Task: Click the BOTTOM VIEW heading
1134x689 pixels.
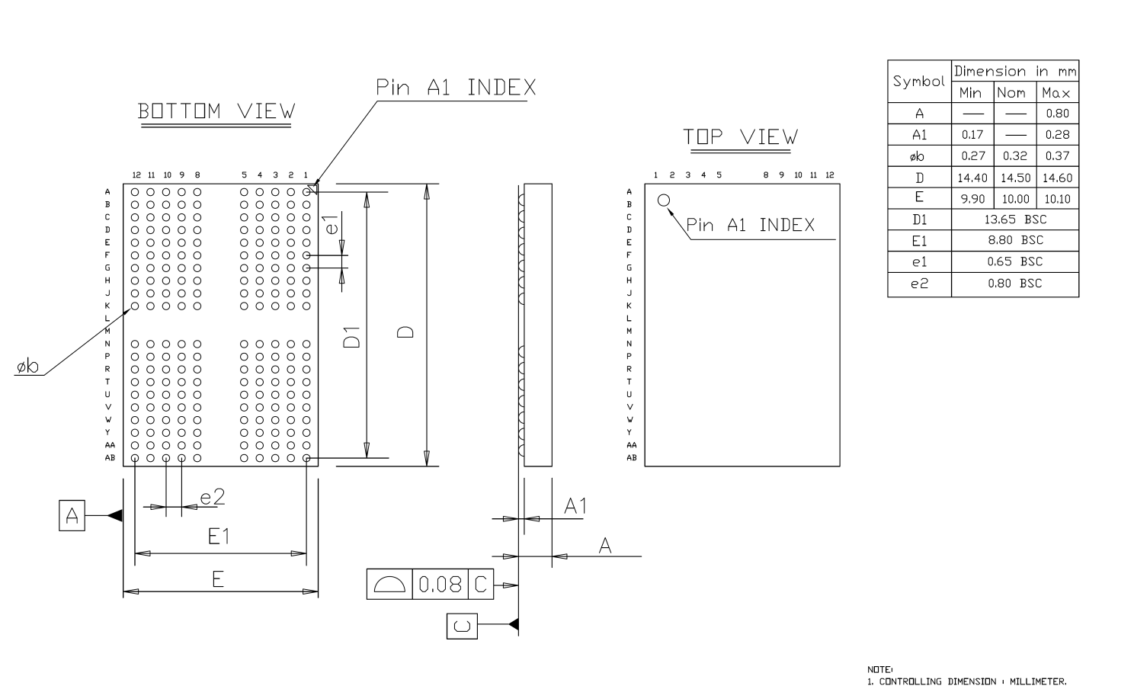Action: click(x=216, y=111)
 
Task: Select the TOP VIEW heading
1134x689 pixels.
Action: click(x=740, y=136)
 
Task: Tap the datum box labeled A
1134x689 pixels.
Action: click(x=72, y=515)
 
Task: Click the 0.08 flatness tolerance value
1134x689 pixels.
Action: click(x=440, y=585)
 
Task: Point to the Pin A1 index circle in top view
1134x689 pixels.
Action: click(x=663, y=200)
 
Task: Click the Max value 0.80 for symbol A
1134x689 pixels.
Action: click(x=1058, y=114)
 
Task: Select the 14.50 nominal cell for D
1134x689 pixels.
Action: click(x=1015, y=178)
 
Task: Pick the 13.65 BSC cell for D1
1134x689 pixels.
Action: click(x=1015, y=220)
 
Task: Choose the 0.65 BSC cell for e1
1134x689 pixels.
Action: click(x=1015, y=261)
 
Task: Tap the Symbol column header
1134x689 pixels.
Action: click(x=919, y=81)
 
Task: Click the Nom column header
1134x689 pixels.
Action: click(x=1011, y=93)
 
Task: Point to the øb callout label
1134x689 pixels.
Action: click(x=27, y=366)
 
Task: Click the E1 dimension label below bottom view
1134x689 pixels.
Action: click(x=219, y=536)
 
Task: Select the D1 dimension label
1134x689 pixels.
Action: click(x=351, y=337)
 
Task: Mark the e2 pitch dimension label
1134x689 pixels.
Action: click(x=212, y=497)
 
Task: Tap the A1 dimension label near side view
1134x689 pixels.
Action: click(x=575, y=506)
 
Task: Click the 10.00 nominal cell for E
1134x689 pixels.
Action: click(x=1015, y=199)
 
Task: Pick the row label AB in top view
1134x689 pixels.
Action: click(x=631, y=457)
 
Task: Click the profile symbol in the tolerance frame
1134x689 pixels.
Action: click(x=389, y=585)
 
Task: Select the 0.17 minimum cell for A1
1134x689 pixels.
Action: click(x=972, y=135)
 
